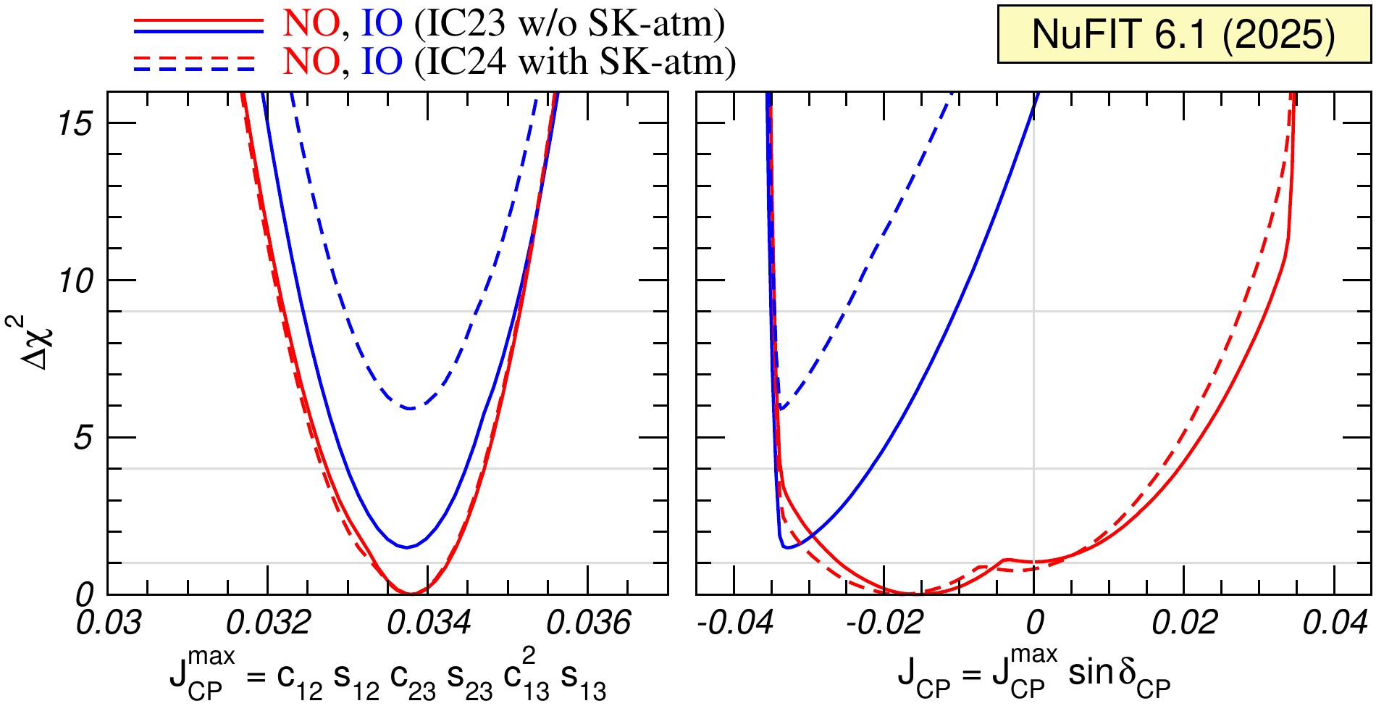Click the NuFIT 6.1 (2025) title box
(x=1183, y=34)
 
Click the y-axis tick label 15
(x=75, y=124)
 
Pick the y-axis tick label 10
(x=75, y=281)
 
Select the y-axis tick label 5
(x=83, y=438)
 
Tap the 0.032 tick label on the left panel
(x=268, y=623)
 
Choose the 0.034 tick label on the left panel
(x=428, y=623)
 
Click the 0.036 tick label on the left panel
(x=588, y=623)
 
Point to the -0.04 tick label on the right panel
(x=735, y=623)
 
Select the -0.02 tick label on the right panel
(x=884, y=623)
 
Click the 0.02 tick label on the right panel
(x=1185, y=623)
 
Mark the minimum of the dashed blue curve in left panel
(x=410, y=409)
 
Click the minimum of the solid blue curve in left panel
(x=407, y=547)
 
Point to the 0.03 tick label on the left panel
(x=109, y=623)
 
